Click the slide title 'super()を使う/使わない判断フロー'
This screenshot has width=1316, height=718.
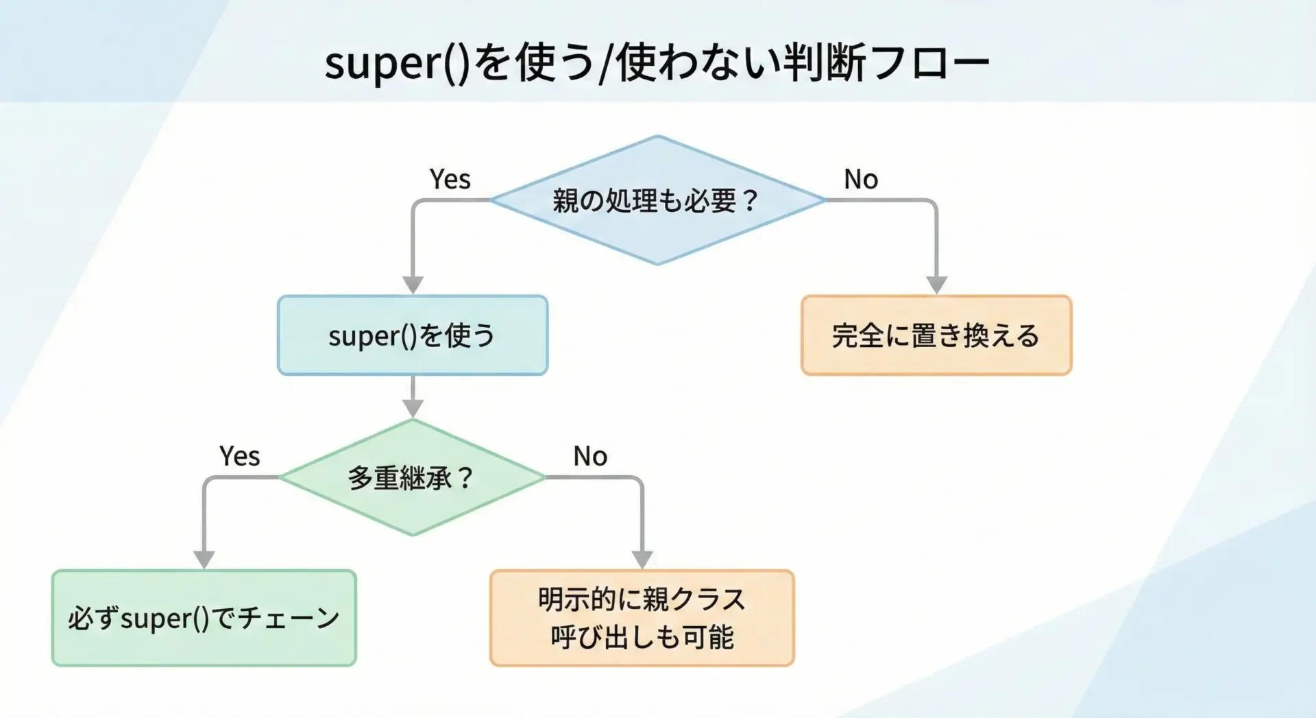click(x=657, y=63)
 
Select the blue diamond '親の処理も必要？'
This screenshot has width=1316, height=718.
click(x=657, y=200)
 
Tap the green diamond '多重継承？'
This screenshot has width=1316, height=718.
click(x=412, y=477)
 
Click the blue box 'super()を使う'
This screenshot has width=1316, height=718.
click(x=412, y=335)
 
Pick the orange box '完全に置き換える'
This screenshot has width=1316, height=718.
click(x=936, y=335)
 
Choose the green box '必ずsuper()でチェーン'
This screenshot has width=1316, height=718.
click(x=204, y=618)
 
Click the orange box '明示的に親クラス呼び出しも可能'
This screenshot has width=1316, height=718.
click(x=642, y=618)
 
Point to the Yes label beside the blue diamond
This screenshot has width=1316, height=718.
click(x=450, y=180)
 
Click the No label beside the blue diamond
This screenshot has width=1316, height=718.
click(x=861, y=180)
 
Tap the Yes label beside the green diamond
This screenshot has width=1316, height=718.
click(x=239, y=457)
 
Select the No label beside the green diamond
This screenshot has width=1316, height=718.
click(x=590, y=457)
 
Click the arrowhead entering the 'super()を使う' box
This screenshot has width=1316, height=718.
click(x=412, y=285)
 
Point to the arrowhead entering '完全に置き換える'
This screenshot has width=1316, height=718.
click(x=936, y=285)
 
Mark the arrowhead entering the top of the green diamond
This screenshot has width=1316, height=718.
click(x=412, y=408)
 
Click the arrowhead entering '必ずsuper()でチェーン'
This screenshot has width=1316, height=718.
click(x=204, y=560)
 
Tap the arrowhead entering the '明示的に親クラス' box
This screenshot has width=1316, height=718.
click(x=642, y=560)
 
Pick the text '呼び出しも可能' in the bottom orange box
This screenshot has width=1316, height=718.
click(x=642, y=637)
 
